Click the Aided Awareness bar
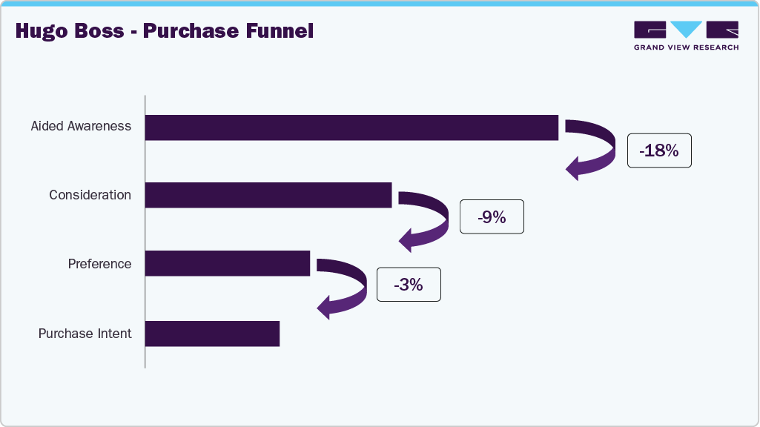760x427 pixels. click(x=351, y=128)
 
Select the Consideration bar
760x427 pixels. click(x=268, y=195)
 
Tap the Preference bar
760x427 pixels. click(x=227, y=263)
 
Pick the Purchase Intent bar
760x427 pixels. click(x=212, y=334)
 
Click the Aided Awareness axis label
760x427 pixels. click(x=81, y=126)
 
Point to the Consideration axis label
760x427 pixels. click(x=90, y=195)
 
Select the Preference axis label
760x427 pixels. click(x=99, y=264)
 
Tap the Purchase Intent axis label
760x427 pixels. click(x=85, y=334)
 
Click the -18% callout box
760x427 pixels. click(x=659, y=150)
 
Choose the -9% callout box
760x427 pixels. click(x=492, y=217)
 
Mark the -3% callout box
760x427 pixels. click(x=409, y=285)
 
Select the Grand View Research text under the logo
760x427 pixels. click(x=686, y=47)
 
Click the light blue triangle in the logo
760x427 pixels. click(x=687, y=29)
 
